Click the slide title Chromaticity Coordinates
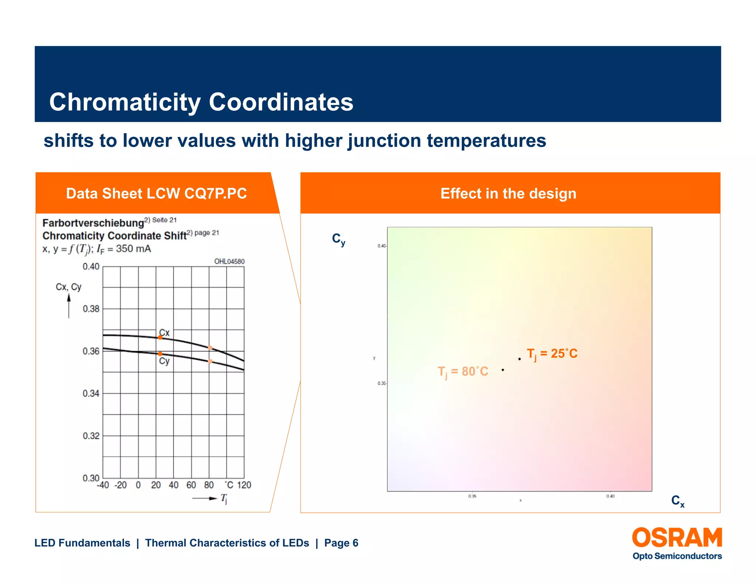(201, 102)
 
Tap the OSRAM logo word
(677, 538)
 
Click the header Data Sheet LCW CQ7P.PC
(156, 193)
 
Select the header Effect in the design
(508, 193)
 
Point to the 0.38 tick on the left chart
(91, 309)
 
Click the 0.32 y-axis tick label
(91, 436)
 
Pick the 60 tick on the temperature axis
(191, 485)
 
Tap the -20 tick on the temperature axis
(120, 485)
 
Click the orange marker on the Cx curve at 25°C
(160, 337)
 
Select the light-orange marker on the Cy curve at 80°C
(210, 361)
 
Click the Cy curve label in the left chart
(164, 361)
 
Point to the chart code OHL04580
(229, 261)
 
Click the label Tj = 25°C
(551, 354)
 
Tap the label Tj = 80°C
(463, 372)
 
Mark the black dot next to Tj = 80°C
(503, 370)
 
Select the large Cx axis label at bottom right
(677, 501)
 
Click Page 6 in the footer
(341, 543)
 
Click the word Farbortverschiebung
(93, 223)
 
